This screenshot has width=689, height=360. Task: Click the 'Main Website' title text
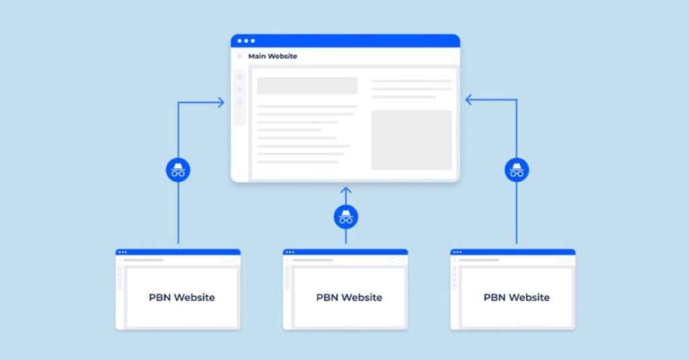pyautogui.click(x=273, y=57)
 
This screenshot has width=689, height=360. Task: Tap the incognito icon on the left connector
pyautogui.click(x=178, y=170)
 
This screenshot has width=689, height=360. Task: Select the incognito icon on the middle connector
pyautogui.click(x=346, y=217)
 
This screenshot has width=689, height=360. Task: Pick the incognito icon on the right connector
pyautogui.click(x=517, y=170)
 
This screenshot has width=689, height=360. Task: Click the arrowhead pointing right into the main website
pyautogui.click(x=221, y=102)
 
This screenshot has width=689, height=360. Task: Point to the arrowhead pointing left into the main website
pyautogui.click(x=469, y=100)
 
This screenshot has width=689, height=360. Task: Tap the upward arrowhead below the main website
pyautogui.click(x=346, y=190)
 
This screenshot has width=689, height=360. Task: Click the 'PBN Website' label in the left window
pyautogui.click(x=182, y=297)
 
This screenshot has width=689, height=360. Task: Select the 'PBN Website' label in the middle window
pyautogui.click(x=349, y=297)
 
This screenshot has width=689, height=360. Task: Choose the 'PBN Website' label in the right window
pyautogui.click(x=517, y=297)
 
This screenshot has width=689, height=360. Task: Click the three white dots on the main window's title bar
pyautogui.click(x=246, y=41)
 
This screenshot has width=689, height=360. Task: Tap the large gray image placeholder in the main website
pyautogui.click(x=411, y=140)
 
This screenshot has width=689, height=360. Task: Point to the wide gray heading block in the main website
pyautogui.click(x=307, y=85)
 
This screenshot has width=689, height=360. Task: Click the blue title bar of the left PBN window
pyautogui.click(x=178, y=252)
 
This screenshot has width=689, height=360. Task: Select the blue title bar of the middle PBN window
pyautogui.click(x=345, y=252)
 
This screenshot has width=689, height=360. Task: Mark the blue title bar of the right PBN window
pyautogui.click(x=513, y=252)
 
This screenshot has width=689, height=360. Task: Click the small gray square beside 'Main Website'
pyautogui.click(x=240, y=57)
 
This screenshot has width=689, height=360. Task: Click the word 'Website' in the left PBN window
pyautogui.click(x=194, y=297)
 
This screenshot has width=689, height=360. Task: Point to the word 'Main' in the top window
pyautogui.click(x=257, y=57)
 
